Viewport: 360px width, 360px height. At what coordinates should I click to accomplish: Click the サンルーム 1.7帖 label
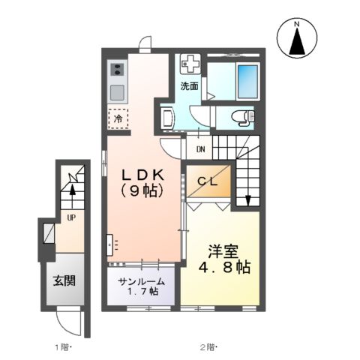click(x=142, y=285)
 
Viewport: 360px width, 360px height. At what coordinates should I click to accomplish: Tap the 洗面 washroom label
click(x=190, y=86)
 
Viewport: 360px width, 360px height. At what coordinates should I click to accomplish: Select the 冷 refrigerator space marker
click(x=118, y=118)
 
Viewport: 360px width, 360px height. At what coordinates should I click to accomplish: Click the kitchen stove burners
click(x=118, y=70)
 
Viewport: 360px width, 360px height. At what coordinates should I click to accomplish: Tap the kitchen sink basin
click(x=118, y=93)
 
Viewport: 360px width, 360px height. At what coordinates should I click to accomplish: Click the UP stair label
click(x=71, y=218)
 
